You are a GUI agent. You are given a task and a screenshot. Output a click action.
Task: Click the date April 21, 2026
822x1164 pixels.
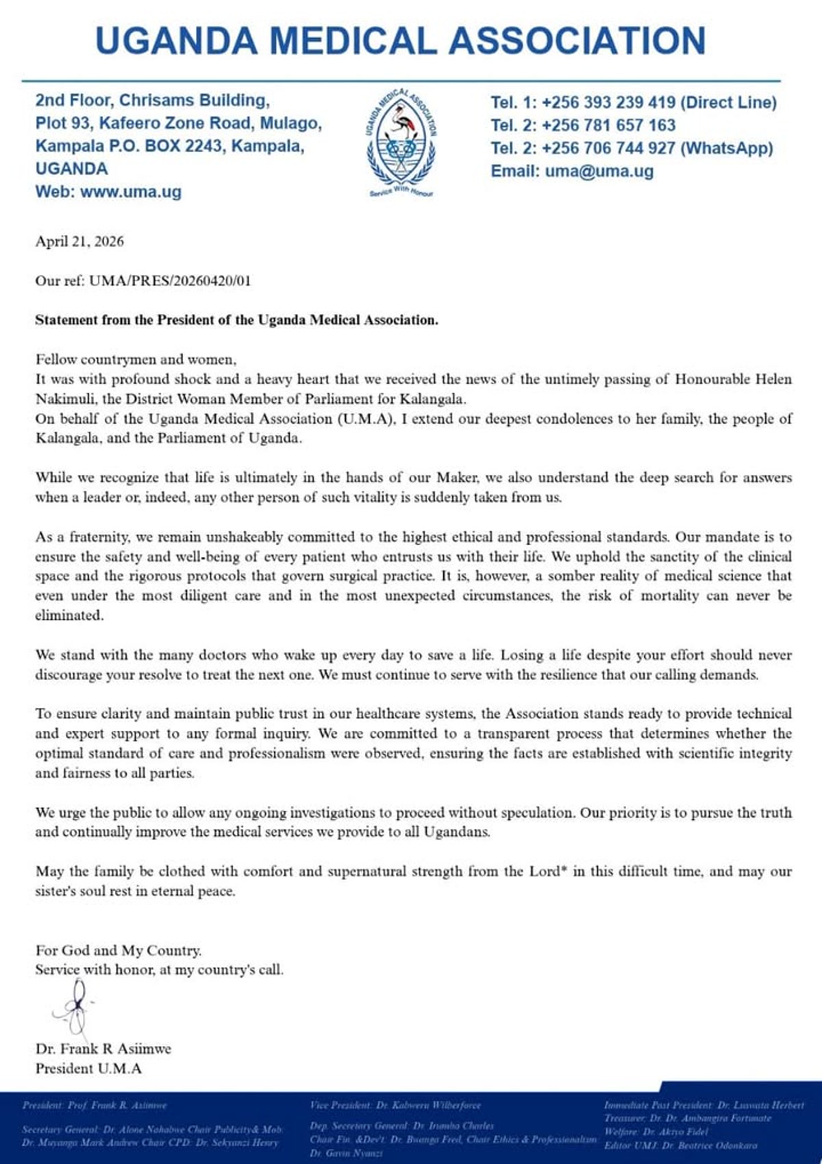(79, 241)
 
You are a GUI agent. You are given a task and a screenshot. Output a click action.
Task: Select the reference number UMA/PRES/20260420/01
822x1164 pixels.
(170, 281)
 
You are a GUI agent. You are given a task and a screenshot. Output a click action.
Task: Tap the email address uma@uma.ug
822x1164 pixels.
(599, 171)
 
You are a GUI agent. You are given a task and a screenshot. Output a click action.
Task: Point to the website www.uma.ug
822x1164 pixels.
(131, 192)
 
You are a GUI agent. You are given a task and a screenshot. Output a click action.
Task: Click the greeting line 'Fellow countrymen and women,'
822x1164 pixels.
(136, 360)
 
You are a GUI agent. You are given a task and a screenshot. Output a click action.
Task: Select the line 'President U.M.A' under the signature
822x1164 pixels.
(88, 1068)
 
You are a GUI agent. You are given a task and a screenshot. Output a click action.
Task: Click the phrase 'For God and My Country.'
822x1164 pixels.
(119, 951)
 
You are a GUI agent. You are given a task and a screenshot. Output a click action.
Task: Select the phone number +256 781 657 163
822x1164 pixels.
(608, 125)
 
